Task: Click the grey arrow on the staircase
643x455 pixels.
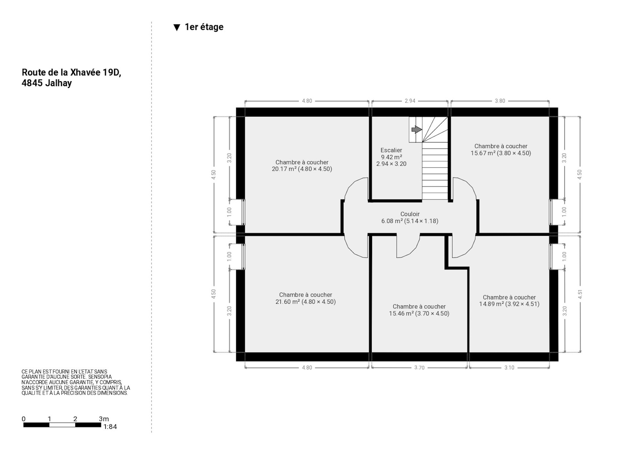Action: [417, 130]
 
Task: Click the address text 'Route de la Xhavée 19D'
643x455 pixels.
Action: [72, 72]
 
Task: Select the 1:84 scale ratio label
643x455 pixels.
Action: [110, 427]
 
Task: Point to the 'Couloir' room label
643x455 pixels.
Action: [410, 214]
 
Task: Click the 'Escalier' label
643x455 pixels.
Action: [391, 150]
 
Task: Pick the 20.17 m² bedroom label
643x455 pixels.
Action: [302, 166]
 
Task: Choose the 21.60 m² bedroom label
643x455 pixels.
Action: [306, 298]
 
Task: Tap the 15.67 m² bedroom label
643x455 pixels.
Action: [501, 149]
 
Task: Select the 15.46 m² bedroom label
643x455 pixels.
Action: [419, 310]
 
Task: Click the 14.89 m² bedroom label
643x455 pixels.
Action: [509, 301]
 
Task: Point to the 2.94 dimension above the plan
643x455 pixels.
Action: [410, 101]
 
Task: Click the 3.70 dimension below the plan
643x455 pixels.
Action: [419, 368]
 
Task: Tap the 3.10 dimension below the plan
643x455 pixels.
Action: [509, 368]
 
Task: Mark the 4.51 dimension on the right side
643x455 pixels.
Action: [580, 294]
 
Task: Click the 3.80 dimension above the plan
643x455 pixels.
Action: [500, 101]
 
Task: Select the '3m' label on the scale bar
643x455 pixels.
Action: [104, 419]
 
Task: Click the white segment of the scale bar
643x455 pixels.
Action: [62, 425]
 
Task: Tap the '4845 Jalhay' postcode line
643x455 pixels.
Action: [47, 83]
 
